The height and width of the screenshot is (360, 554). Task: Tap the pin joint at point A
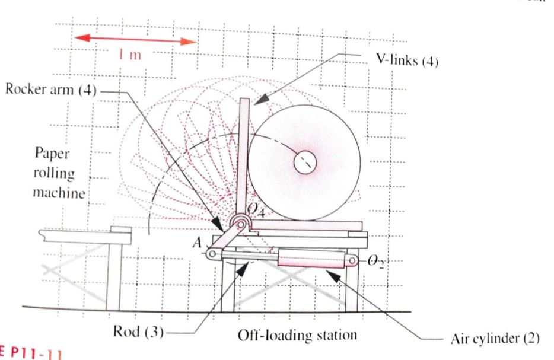click(211, 254)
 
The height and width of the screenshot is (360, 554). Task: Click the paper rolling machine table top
click(83, 235)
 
